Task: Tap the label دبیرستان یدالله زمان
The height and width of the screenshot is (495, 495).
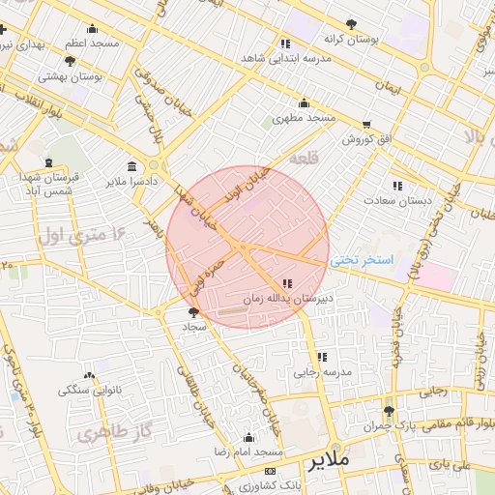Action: tap(287, 300)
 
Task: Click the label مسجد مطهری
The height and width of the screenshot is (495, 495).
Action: tap(303, 118)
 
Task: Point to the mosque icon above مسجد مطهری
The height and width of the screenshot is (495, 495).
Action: tap(304, 103)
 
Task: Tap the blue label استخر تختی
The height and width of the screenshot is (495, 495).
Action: tap(362, 260)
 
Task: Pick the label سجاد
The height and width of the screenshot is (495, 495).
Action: tap(194, 328)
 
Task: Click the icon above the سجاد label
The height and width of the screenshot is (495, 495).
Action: tap(194, 311)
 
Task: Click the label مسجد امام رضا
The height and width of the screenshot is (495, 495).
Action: tap(249, 452)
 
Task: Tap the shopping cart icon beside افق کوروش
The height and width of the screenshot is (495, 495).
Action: tap(365, 125)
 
